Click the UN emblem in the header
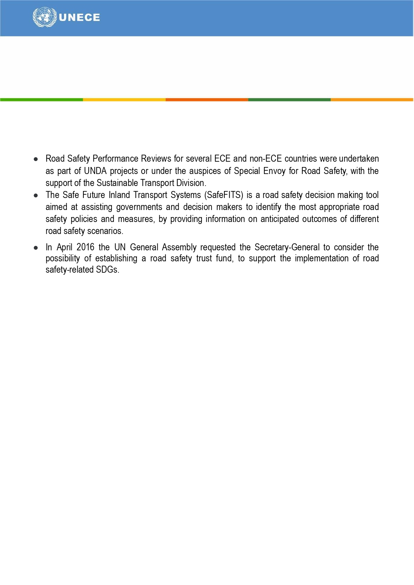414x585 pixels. click(x=44, y=17)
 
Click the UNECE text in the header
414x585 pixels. click(x=79, y=17)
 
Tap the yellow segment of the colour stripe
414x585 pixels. click(x=124, y=100)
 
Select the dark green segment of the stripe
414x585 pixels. click(x=289, y=100)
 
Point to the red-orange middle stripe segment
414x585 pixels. click(x=207, y=100)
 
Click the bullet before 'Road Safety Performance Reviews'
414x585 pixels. click(x=36, y=159)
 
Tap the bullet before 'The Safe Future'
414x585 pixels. click(x=36, y=195)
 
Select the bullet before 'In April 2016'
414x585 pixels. click(x=36, y=248)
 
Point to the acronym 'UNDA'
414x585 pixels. click(x=95, y=171)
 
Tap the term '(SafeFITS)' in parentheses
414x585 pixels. click(x=224, y=195)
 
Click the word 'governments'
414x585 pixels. click(x=139, y=207)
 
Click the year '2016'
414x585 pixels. click(x=85, y=247)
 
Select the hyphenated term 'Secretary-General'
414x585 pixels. click(x=287, y=247)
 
